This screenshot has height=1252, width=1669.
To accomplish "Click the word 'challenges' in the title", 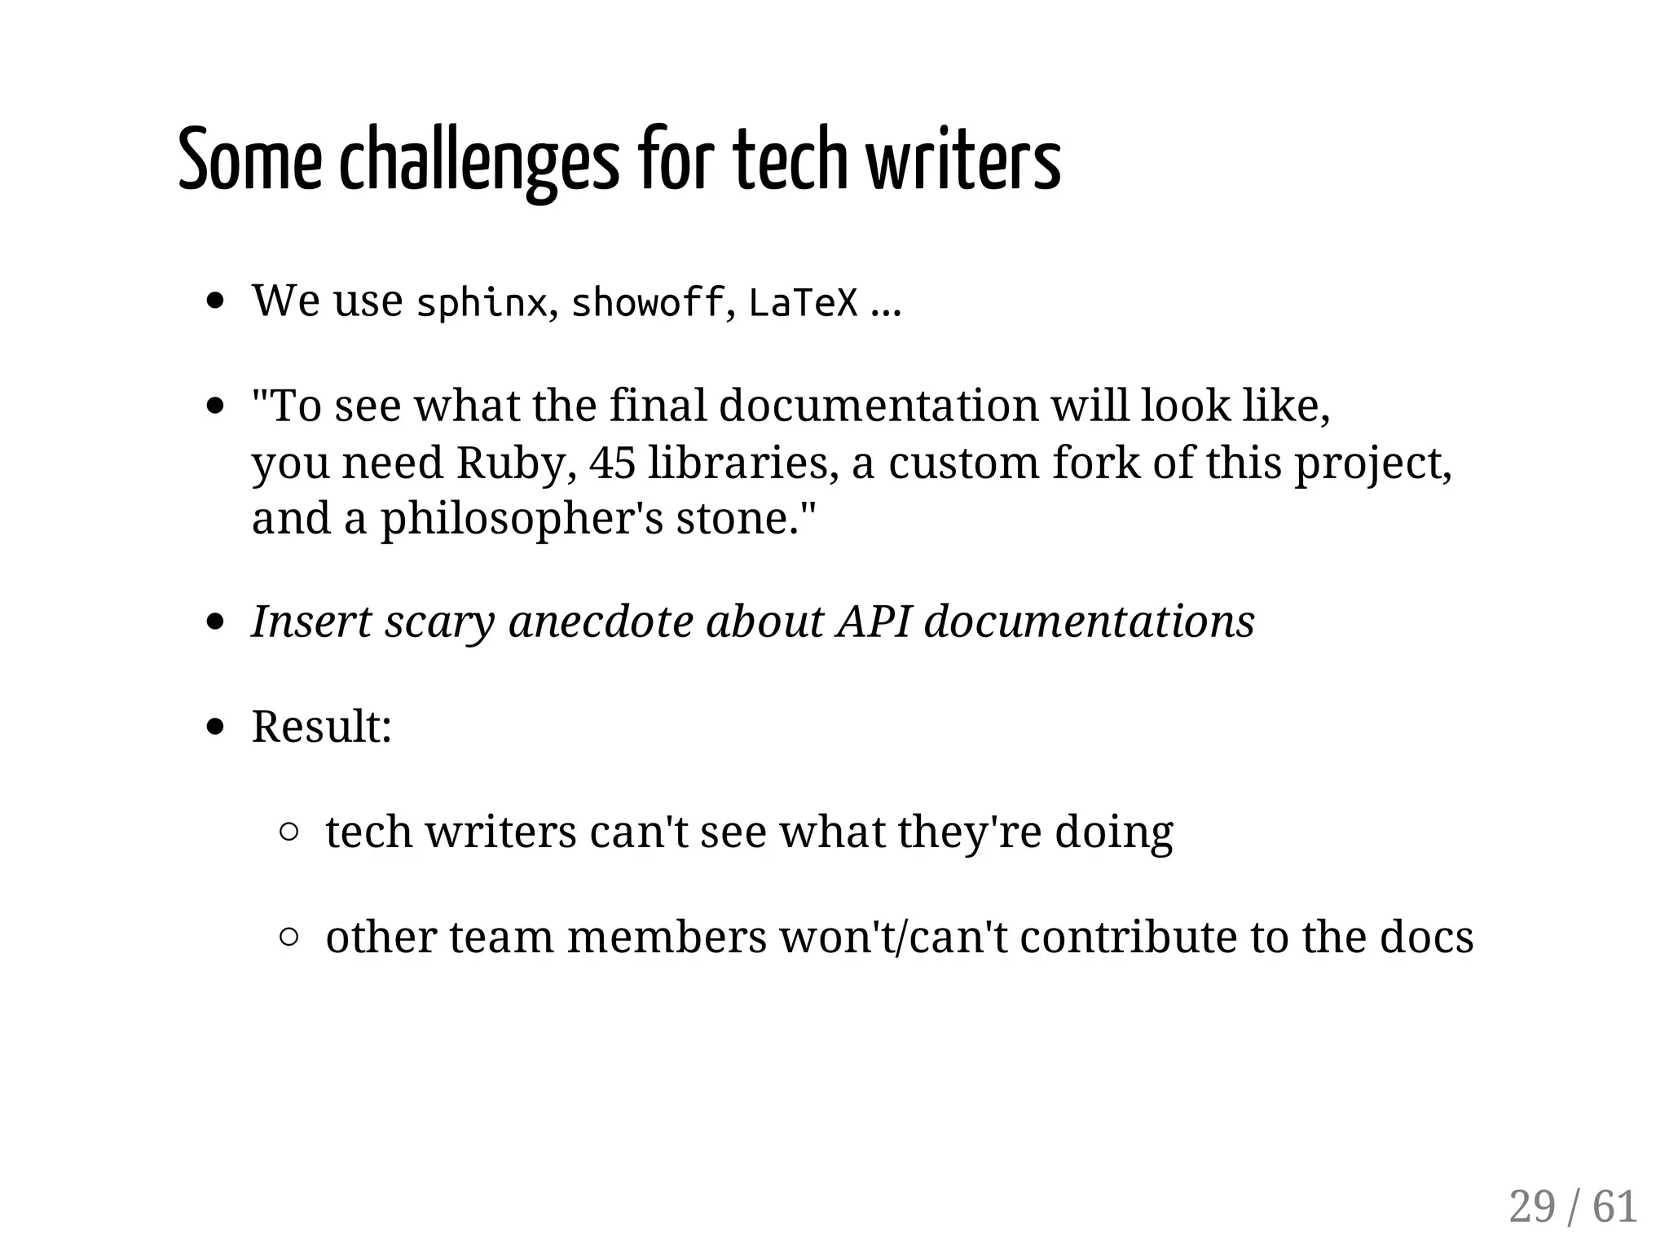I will [479, 160].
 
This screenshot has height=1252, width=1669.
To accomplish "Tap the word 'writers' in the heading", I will [963, 160].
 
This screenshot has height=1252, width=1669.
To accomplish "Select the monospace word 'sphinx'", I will [481, 303].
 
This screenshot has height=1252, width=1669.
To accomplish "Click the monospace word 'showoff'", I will [647, 303].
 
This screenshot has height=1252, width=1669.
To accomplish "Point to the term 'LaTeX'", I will [803, 303].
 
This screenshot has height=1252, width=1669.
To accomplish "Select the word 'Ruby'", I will [511, 463].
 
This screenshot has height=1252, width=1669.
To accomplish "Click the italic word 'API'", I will [873, 622].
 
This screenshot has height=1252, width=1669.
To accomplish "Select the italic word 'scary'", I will [439, 623].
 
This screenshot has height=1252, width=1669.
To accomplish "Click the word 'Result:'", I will [321, 726].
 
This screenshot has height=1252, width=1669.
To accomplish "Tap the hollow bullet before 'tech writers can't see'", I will [288, 832].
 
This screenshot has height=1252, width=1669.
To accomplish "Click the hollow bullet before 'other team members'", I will [288, 937].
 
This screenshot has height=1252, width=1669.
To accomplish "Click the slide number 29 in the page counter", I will [1531, 1206].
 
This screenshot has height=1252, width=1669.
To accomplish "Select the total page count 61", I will [1614, 1206].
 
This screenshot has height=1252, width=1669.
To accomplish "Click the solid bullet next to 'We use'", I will [215, 301].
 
